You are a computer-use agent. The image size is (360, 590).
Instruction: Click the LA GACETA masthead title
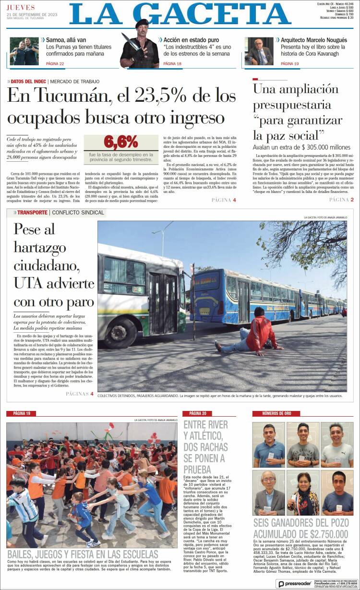(180, 15)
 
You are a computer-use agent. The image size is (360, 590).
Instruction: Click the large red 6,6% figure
(120, 142)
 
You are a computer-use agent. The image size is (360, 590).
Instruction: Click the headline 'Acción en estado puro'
(191, 40)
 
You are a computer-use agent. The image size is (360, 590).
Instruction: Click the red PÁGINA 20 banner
(198, 413)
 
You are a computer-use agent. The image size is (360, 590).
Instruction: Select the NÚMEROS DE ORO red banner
(276, 413)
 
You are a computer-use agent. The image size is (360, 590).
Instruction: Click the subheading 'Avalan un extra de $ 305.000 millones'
(301, 147)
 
